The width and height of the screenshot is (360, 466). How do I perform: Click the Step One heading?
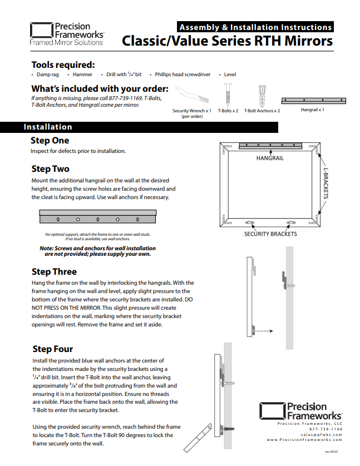(50, 141)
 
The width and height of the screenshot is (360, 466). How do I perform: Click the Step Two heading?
(51, 169)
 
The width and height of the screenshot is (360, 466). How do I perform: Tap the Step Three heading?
(54, 272)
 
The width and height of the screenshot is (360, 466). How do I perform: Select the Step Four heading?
(53, 349)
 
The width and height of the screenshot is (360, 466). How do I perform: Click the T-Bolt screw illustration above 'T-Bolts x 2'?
(228, 95)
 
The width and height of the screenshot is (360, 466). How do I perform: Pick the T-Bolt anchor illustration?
(263, 96)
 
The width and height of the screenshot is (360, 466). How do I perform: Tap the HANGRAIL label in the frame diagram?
(270, 158)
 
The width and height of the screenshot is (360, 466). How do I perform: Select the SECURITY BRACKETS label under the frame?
(270, 234)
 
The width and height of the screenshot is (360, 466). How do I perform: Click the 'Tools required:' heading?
(63, 65)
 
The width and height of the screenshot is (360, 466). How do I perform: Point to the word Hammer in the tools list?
(82, 75)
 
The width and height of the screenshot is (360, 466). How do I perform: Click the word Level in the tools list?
(230, 75)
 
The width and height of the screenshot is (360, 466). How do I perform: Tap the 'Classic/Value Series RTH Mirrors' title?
(227, 42)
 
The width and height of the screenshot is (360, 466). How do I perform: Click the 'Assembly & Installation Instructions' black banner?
(255, 27)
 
